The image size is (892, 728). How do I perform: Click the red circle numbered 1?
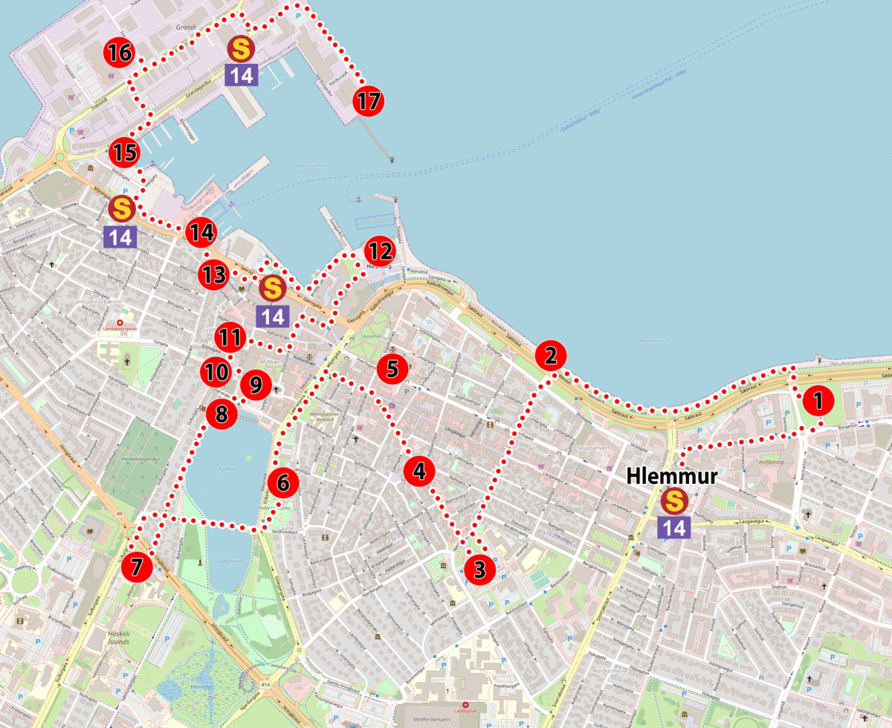(x=818, y=402)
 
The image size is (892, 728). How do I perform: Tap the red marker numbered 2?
(x=551, y=355)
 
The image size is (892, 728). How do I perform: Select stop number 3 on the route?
(x=479, y=570)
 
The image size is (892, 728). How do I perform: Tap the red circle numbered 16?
(x=119, y=53)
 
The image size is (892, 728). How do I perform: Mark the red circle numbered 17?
(x=368, y=101)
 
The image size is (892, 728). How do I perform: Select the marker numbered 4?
(x=419, y=471)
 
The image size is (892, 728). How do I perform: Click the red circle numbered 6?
(x=283, y=483)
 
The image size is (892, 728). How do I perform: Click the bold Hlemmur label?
(x=672, y=474)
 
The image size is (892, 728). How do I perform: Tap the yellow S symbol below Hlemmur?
(x=674, y=501)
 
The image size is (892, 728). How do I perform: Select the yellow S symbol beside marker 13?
(x=273, y=288)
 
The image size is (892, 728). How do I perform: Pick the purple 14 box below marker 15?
(x=120, y=238)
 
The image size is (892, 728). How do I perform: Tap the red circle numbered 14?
(x=201, y=233)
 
